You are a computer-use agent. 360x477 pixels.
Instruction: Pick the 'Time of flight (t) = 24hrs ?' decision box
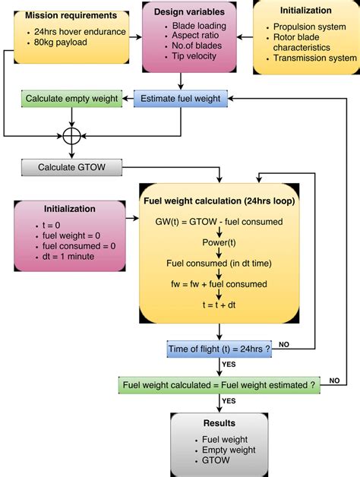(x=218, y=349)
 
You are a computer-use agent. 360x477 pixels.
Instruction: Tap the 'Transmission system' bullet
(x=313, y=58)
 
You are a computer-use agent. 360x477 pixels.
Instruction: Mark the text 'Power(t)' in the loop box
(x=218, y=242)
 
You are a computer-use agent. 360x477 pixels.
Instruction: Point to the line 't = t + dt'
(x=218, y=304)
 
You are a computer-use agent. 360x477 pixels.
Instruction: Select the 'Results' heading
(x=218, y=423)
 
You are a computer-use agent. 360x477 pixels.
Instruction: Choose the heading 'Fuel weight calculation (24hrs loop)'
(x=218, y=202)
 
